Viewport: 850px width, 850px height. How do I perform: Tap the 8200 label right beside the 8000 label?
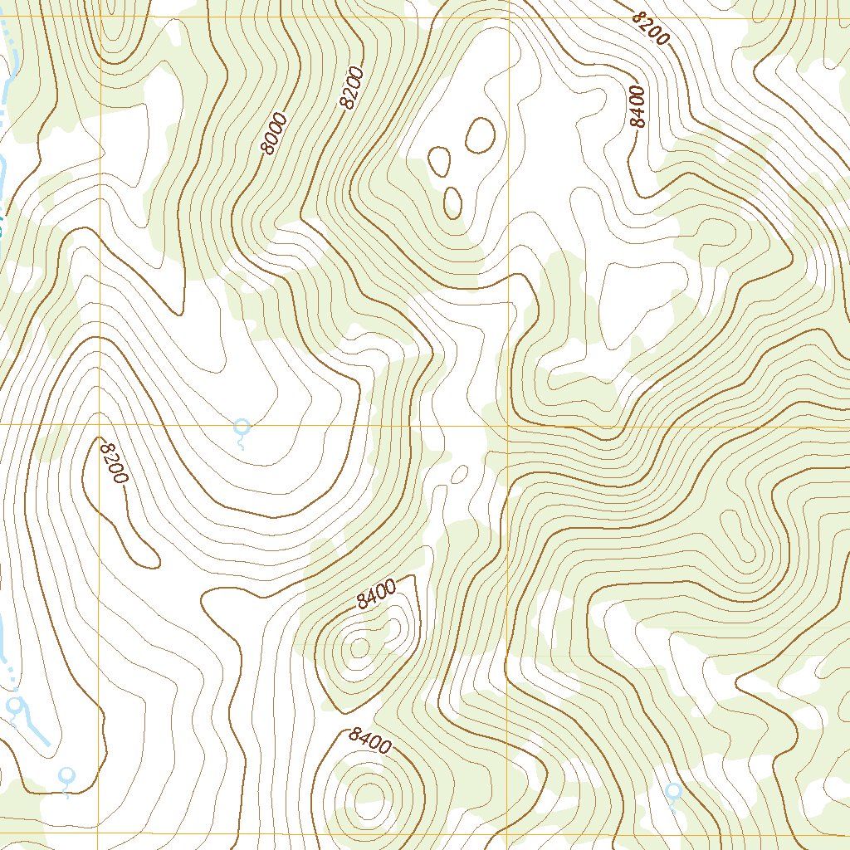tap(351, 87)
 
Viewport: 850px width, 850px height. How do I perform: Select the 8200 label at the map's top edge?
tap(650, 29)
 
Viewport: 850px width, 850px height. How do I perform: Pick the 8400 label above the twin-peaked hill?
tap(376, 595)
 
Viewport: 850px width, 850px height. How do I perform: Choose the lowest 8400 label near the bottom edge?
tap(370, 740)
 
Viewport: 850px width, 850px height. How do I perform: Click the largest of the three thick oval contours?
tap(480, 135)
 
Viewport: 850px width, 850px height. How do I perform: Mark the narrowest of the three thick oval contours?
tap(452, 202)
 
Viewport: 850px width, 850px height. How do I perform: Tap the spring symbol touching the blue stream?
tap(14, 706)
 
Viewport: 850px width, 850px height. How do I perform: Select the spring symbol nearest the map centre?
tap(242, 428)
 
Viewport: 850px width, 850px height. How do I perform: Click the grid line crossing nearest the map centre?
tap(507, 427)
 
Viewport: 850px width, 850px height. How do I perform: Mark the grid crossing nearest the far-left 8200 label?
tap(100, 425)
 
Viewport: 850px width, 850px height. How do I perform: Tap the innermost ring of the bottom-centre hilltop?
tap(365, 793)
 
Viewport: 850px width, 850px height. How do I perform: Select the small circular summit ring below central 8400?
tap(359, 647)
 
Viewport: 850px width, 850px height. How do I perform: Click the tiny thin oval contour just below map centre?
tap(457, 473)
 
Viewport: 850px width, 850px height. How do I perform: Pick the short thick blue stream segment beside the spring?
tap(37, 728)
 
